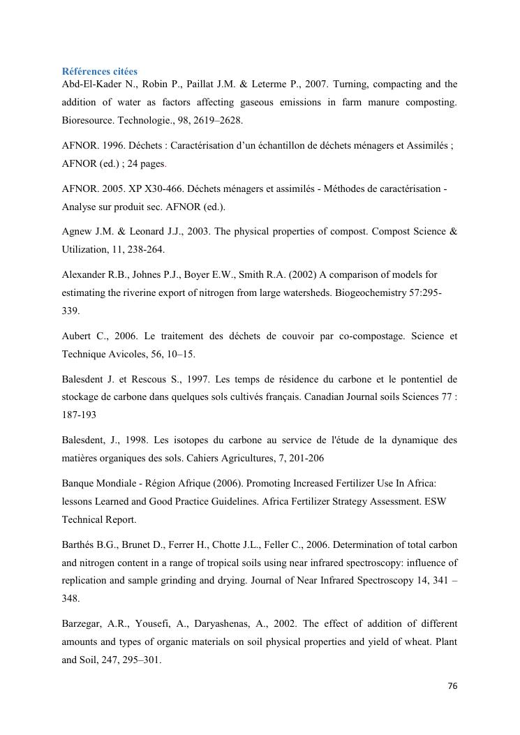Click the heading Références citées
100,71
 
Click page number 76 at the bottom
452,686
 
